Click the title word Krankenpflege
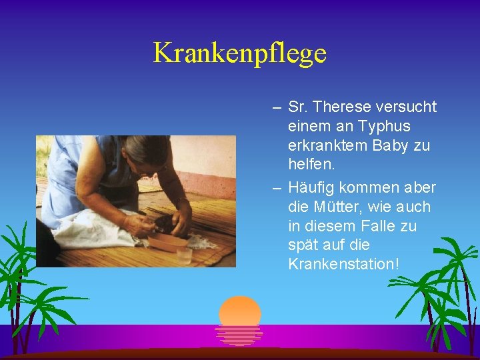point(240,53)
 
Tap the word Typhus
point(383,126)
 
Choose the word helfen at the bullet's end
point(311,164)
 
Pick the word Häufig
point(310,187)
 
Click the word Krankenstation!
point(344,264)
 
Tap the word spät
point(303,245)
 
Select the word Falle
point(379,226)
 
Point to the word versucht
point(407,107)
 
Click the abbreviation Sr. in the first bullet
point(298,107)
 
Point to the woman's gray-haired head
point(143,153)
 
